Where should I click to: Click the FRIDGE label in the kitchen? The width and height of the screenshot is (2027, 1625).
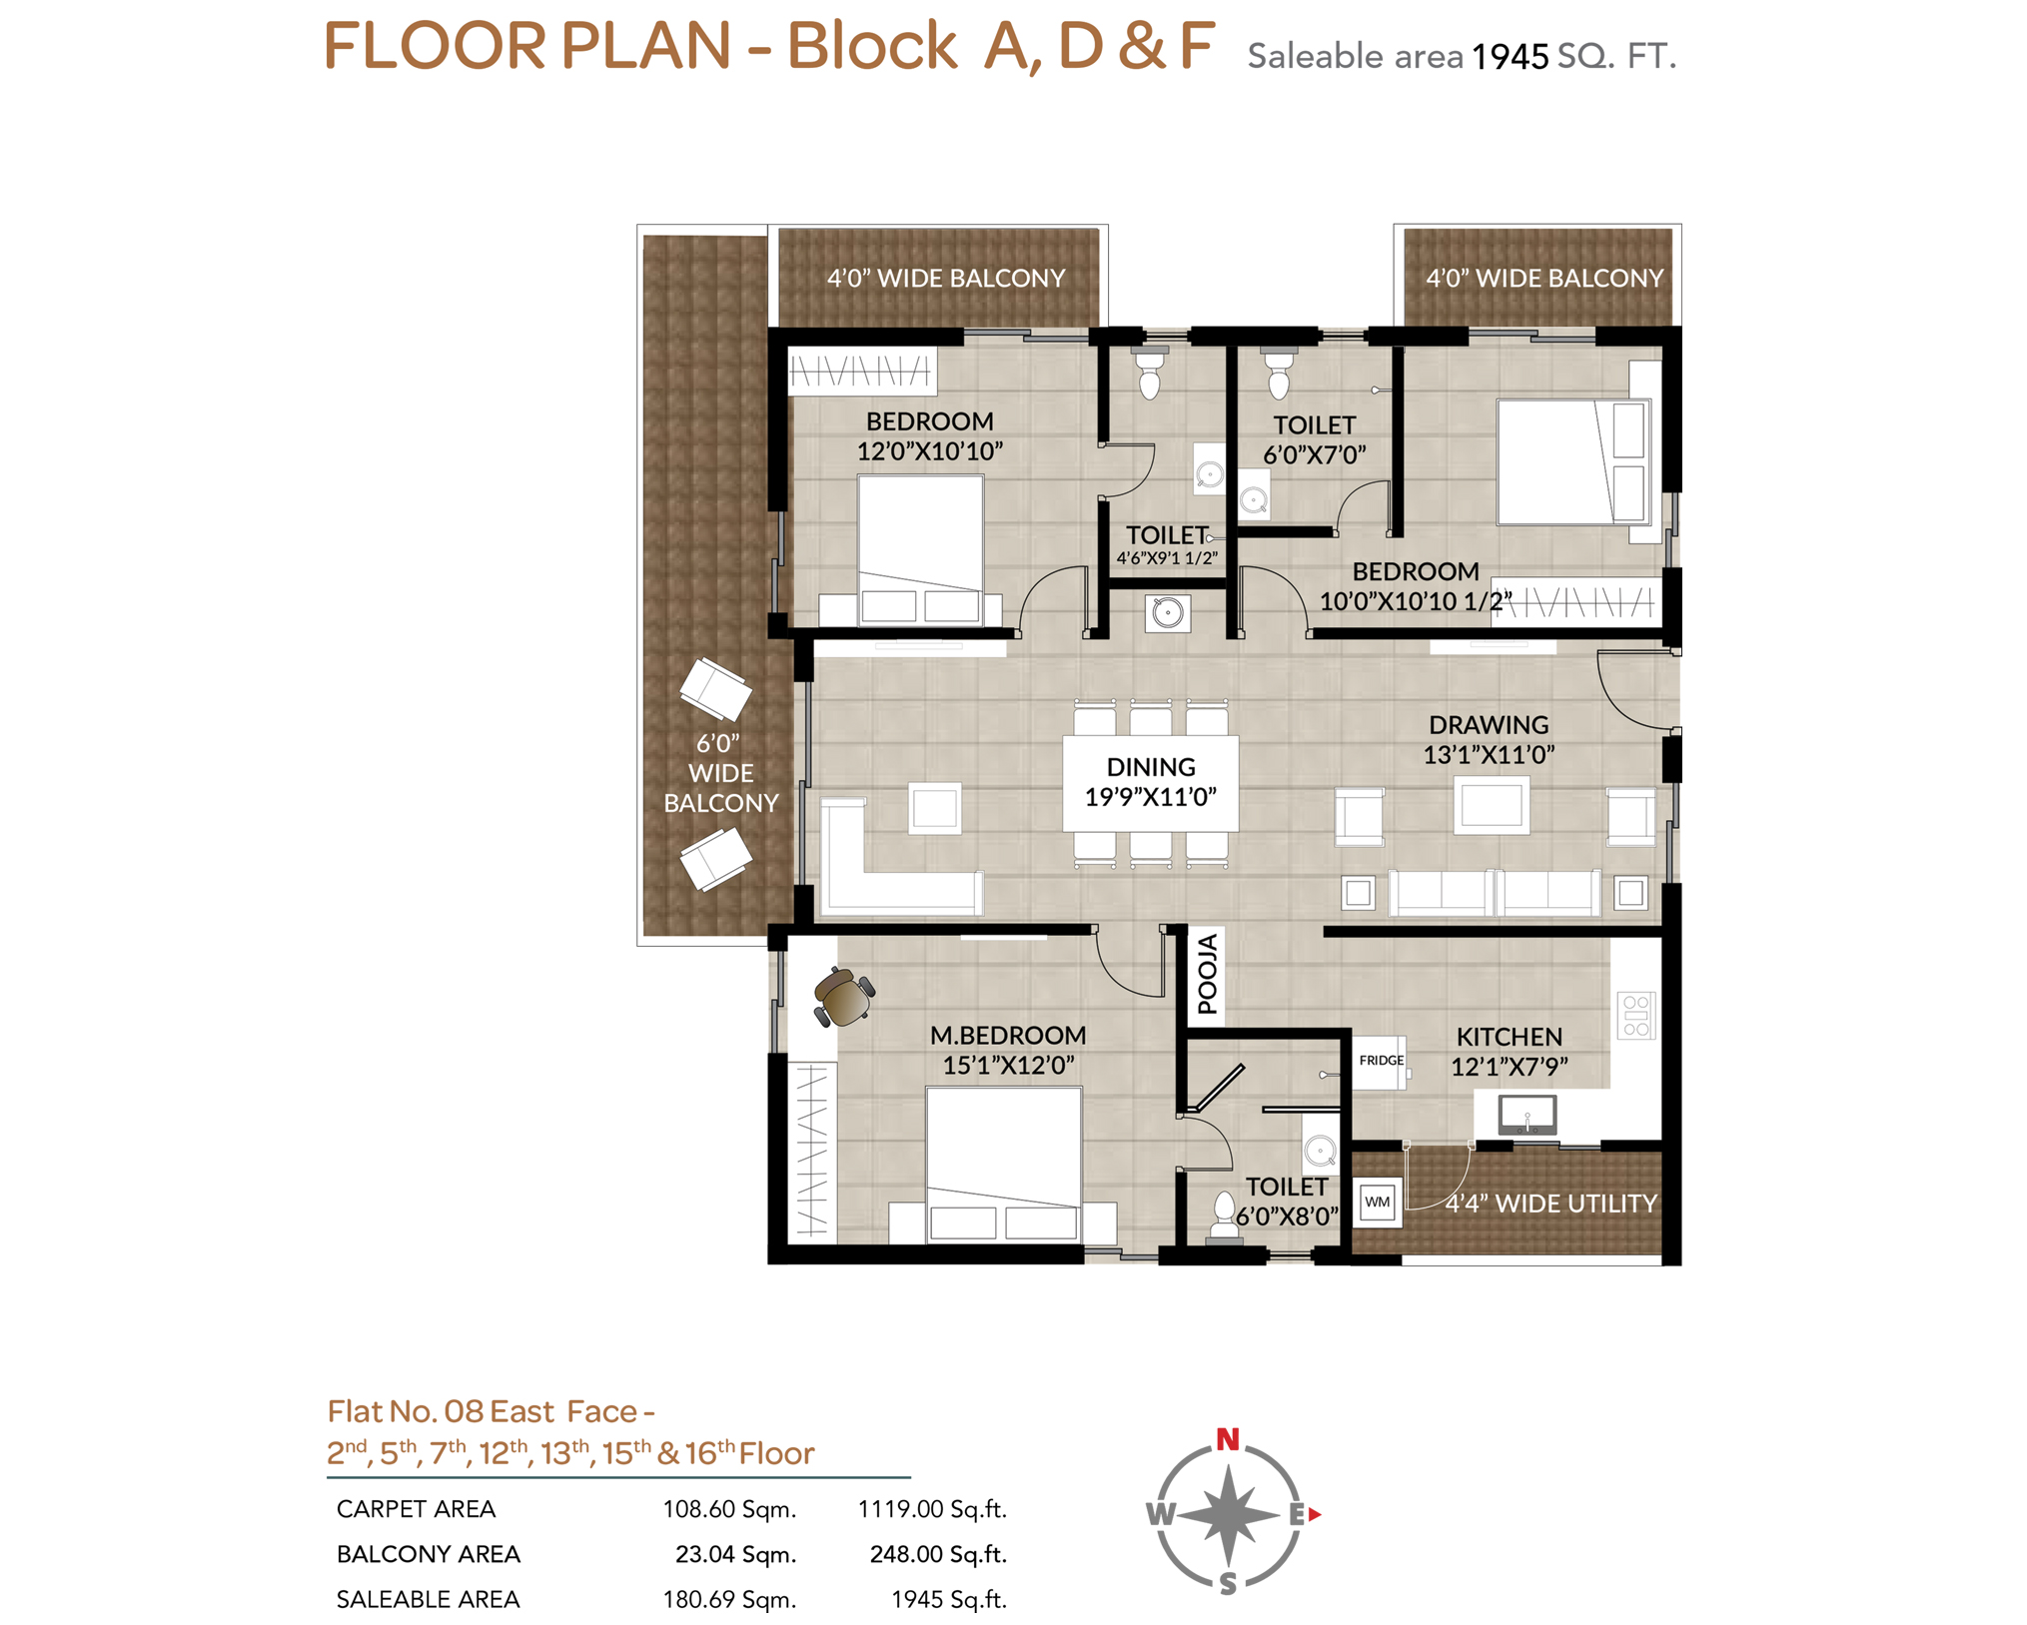1381,1060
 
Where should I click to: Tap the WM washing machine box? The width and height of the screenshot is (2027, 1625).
1377,1202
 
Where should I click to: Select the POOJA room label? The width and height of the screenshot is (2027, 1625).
1207,974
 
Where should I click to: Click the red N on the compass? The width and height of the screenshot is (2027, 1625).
1228,1439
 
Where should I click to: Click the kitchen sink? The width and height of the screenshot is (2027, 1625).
1526,1114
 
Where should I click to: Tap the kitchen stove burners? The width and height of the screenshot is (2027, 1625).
1635,1015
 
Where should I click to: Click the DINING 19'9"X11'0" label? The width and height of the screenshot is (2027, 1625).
1150,782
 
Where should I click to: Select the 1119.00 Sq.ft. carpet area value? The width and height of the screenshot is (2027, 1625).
932,1508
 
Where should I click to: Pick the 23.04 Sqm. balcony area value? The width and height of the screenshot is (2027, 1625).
735,1554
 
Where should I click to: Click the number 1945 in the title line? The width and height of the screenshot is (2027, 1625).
1510,57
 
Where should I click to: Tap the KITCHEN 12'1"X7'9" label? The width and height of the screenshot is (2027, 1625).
1509,1052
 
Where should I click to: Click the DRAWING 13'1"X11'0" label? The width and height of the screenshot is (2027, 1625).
1489,740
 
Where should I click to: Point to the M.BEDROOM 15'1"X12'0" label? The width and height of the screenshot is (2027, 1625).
1008,1051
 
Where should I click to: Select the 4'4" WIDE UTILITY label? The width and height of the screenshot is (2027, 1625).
1551,1204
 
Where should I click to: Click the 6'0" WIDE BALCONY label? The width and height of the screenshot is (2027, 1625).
720,773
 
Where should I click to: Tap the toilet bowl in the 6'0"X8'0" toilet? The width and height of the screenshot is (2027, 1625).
1224,1211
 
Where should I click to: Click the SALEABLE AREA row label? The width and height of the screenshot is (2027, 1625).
428,1599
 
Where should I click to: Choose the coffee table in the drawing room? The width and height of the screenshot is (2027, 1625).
1491,805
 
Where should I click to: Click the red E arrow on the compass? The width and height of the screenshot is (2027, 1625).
1315,1514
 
